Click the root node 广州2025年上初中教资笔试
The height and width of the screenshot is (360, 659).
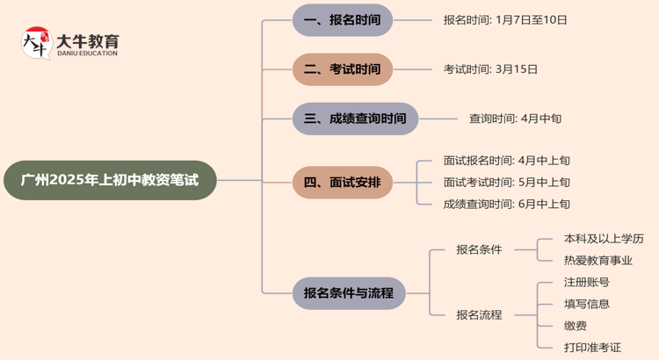(x=110, y=181)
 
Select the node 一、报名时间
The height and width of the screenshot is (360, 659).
(x=343, y=19)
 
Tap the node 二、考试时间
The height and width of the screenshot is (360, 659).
(x=343, y=68)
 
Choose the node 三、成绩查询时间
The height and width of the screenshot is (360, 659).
(x=355, y=118)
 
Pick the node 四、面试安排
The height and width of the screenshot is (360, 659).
(x=343, y=182)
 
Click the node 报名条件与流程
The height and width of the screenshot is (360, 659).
(x=349, y=292)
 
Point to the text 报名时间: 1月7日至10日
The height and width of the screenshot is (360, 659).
(x=505, y=19)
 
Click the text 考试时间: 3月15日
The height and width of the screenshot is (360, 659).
(x=490, y=68)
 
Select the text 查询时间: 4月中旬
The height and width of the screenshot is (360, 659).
(x=515, y=118)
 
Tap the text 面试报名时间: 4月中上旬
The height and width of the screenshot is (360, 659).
(x=507, y=161)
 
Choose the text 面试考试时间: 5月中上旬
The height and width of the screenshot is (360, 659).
(x=507, y=183)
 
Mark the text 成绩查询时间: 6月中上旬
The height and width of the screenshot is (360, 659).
(x=507, y=204)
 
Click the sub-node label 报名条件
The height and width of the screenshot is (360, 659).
(x=479, y=249)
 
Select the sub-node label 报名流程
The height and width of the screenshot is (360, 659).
(x=479, y=314)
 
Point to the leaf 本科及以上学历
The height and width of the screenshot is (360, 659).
(x=604, y=238)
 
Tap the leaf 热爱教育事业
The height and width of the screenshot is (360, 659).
(x=597, y=260)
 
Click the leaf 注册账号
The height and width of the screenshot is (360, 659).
(x=586, y=282)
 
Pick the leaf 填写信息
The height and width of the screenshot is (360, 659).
(x=586, y=304)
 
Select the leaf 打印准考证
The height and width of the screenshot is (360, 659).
(x=592, y=348)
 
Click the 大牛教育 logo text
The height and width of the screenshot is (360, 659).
(x=87, y=40)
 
